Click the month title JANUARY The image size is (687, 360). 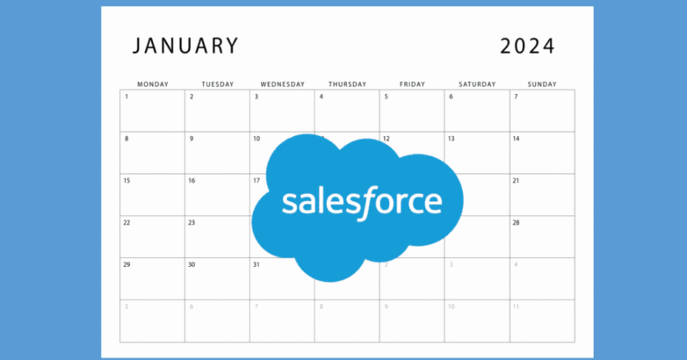click(185, 46)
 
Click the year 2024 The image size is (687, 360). click(528, 46)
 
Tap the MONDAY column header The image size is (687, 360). click(153, 84)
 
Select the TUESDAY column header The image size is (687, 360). click(218, 84)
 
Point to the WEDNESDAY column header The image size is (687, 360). click(283, 84)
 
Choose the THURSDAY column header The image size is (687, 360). click(348, 84)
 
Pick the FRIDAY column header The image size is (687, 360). click(412, 84)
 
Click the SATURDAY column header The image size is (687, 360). click(477, 84)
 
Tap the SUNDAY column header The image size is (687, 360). click(542, 84)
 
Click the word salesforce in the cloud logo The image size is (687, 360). click(361, 202)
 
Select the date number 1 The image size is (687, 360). click(127, 97)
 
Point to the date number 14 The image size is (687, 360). click(516, 139)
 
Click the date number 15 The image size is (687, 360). click(127, 181)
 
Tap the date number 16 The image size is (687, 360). click(192, 181)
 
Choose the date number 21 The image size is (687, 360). click(516, 181)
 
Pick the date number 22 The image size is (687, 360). click(127, 223)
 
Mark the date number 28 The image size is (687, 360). click(516, 223)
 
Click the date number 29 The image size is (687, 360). click(127, 264)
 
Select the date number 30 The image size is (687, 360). click(192, 264)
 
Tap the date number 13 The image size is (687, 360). click(451, 139)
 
